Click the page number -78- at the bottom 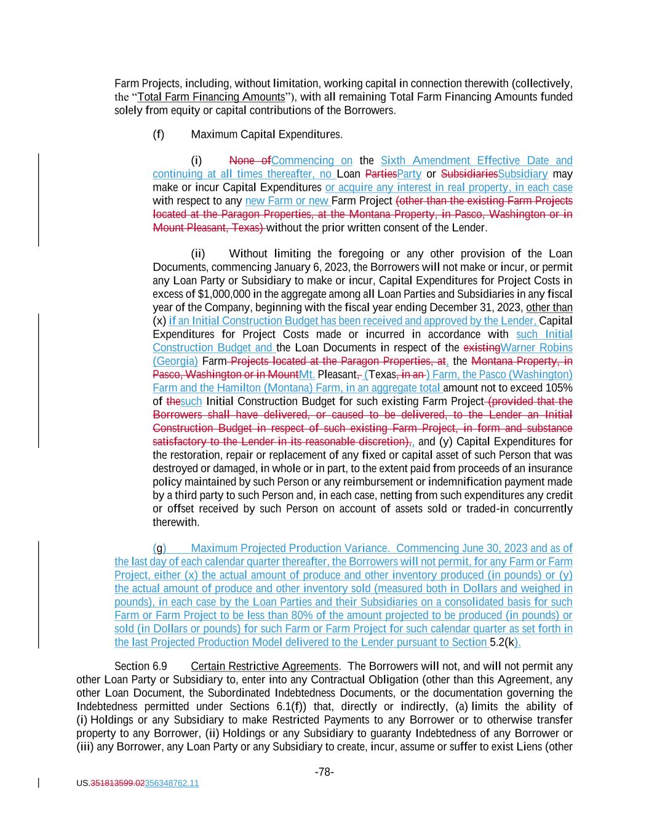pos(324,772)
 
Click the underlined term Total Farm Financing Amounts pos(212,97)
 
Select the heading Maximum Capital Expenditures pos(266,135)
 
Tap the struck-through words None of pos(250,161)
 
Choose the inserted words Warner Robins pos(536,348)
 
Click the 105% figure pos(560,388)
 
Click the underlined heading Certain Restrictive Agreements pos(265,666)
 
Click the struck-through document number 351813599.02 pos(117,783)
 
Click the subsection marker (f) pos(159,135)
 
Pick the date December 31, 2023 pos(474,308)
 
